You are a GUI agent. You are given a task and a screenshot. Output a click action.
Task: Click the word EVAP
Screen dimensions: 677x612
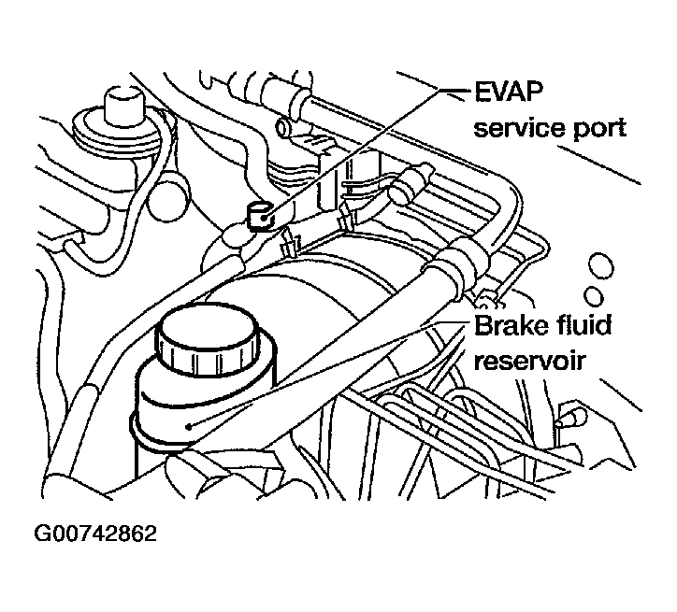point(509,92)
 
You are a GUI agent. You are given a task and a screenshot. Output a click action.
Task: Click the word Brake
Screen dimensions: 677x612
point(505,325)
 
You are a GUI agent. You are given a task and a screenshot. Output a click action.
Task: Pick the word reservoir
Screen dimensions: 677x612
point(530,362)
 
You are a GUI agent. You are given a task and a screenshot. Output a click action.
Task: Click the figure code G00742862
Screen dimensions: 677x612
point(95,534)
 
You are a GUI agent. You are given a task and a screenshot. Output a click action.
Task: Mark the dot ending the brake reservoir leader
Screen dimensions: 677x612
point(188,427)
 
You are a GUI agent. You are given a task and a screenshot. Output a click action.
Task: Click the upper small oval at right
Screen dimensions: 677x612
point(601,265)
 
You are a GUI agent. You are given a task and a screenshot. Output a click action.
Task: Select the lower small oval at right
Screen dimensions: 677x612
point(594,296)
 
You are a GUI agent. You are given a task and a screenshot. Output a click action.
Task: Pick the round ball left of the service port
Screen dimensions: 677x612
point(167,196)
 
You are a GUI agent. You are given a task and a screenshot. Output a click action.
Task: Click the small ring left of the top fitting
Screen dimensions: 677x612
point(282,127)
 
